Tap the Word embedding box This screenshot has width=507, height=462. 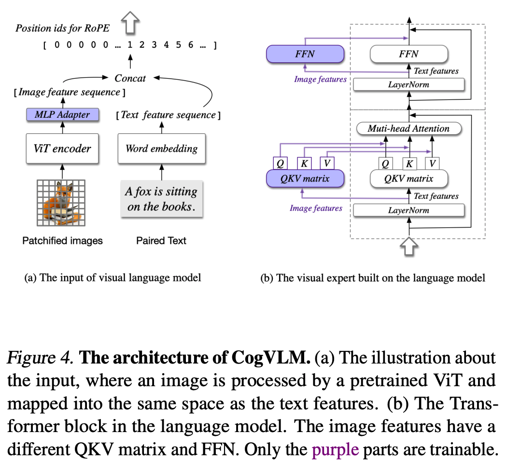(x=161, y=148)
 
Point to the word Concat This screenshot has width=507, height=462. (x=130, y=77)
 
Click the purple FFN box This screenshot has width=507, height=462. (x=305, y=54)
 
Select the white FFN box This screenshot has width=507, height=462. (x=408, y=54)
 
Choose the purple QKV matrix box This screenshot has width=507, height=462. (x=305, y=179)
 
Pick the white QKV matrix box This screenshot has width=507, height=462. (x=408, y=179)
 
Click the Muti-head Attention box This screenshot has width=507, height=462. (x=408, y=128)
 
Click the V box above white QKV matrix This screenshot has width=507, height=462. (x=433, y=163)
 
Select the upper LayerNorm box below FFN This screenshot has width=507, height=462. (x=408, y=84)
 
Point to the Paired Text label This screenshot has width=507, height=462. (x=161, y=240)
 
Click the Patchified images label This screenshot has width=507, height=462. (x=63, y=240)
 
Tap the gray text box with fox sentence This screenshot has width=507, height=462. (x=161, y=199)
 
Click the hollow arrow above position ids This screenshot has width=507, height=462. (x=130, y=23)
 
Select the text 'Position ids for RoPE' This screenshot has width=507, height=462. (x=63, y=28)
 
